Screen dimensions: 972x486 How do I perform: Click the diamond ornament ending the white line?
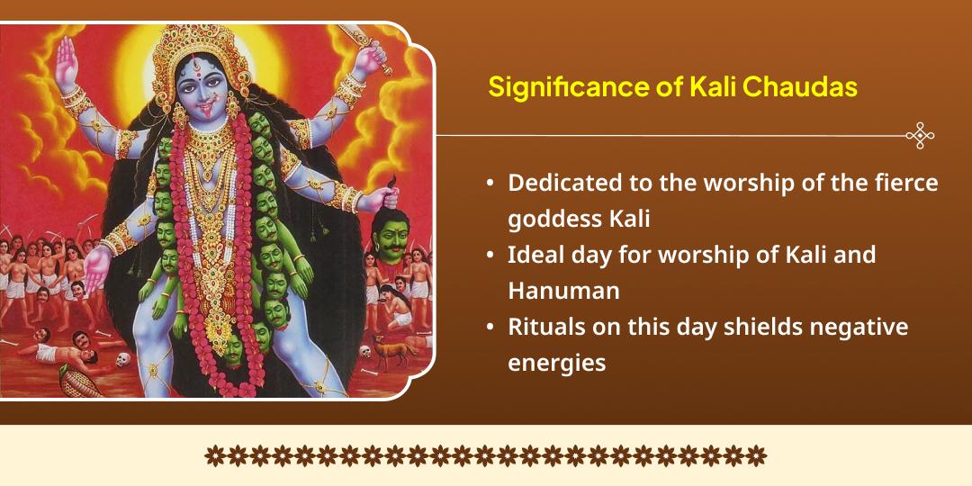(x=920, y=135)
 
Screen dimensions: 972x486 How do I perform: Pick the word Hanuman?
(x=563, y=291)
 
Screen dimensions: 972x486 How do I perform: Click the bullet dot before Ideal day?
(x=490, y=256)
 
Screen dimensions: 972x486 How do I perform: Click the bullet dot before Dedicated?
(x=490, y=184)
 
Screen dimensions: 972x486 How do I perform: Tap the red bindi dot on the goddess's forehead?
(x=202, y=74)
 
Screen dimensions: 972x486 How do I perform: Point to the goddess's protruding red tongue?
(x=204, y=113)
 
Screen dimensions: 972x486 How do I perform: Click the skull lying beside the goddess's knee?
(x=124, y=359)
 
